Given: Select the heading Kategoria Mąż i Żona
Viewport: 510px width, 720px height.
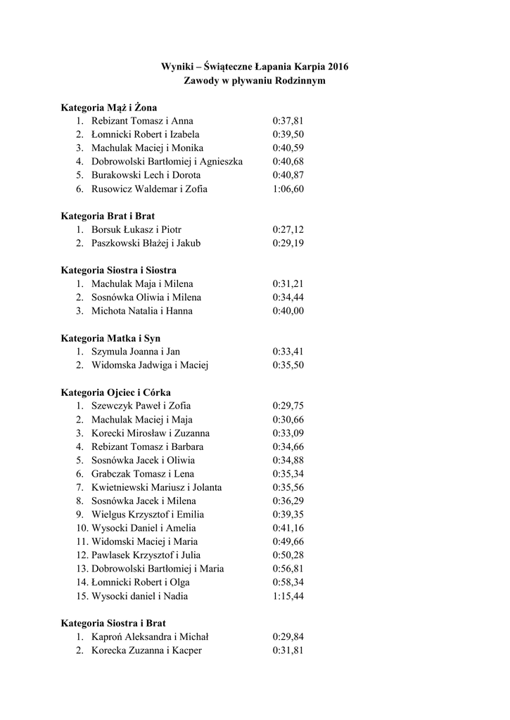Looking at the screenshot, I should (x=108, y=108).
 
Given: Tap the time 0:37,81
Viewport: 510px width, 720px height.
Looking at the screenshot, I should (x=288, y=121).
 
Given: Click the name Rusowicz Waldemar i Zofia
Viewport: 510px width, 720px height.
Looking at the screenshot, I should (x=149, y=189).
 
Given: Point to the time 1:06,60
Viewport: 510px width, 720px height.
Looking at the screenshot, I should (x=288, y=189).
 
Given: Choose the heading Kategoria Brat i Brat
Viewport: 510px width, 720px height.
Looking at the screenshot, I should (x=108, y=216).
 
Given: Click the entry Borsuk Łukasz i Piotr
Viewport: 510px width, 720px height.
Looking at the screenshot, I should (x=136, y=230).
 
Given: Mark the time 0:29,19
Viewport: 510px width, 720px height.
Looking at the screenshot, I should (x=288, y=243).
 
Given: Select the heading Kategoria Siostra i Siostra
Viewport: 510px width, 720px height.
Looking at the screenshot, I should (x=118, y=270).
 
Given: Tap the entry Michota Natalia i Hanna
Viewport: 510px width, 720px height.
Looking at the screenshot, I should (x=141, y=311).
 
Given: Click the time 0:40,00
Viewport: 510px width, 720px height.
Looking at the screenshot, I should (x=288, y=311).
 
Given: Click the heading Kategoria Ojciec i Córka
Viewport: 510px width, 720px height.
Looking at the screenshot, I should (x=115, y=392).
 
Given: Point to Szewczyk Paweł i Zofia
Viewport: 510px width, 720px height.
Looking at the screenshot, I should (x=141, y=406).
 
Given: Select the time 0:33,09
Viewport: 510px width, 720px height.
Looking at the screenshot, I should (x=288, y=433).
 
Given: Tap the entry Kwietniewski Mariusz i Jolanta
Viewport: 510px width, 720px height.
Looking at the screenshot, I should (x=156, y=487).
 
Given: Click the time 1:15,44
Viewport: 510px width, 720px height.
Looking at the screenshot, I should (x=288, y=596).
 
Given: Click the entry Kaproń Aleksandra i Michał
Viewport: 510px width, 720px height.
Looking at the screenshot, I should (x=149, y=637).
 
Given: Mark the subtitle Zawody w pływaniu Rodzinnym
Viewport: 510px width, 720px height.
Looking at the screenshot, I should (x=255, y=81).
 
